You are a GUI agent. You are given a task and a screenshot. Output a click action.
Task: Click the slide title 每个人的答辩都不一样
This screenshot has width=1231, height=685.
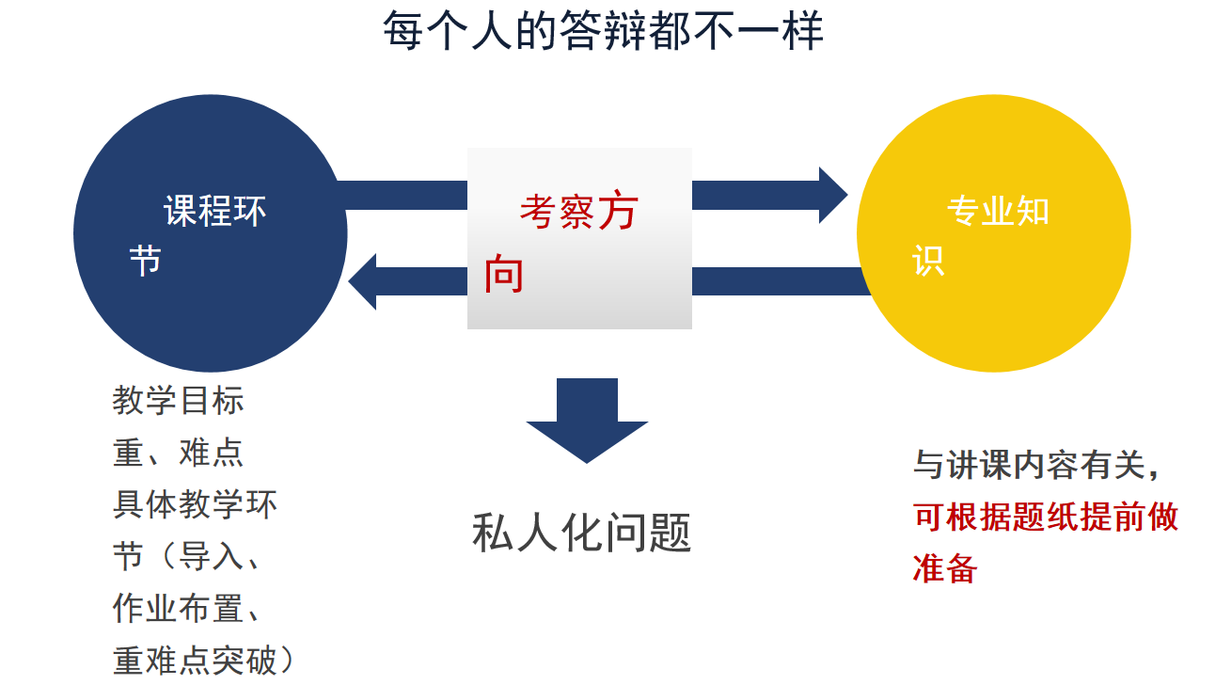point(603,31)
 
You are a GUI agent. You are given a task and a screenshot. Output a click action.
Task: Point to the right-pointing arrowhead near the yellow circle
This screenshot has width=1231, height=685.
point(832,195)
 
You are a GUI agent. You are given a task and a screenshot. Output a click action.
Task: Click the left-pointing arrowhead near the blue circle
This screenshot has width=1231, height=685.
point(363,281)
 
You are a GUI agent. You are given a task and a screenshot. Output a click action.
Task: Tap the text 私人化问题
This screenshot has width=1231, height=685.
point(581,533)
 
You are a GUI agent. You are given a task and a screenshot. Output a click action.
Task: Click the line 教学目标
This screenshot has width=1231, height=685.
point(179,401)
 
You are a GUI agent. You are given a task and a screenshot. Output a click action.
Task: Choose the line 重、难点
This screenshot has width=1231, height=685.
point(179,453)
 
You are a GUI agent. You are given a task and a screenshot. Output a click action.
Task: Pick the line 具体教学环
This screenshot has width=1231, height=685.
point(196,505)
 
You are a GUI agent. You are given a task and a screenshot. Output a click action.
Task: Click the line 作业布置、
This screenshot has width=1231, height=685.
point(187,609)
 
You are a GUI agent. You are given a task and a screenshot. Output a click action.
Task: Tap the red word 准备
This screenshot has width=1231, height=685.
point(946,568)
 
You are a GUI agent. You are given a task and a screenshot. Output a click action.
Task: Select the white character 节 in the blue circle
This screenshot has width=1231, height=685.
point(146,260)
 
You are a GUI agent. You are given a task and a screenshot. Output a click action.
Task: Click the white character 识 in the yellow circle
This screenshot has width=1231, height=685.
point(928,260)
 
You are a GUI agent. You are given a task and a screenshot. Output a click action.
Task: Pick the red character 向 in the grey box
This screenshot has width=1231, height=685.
point(504,274)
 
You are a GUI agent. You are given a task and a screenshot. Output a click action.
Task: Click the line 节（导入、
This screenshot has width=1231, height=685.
point(187,557)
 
